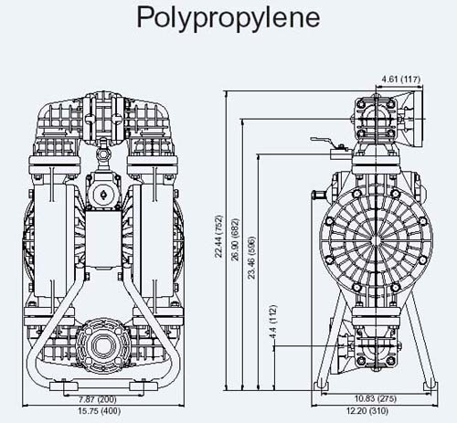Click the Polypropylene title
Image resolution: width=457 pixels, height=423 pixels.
[228, 17]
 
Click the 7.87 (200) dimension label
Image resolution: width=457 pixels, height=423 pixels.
[98, 398]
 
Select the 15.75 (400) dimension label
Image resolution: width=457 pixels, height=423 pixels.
[100, 411]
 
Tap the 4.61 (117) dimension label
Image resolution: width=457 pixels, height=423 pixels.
[401, 79]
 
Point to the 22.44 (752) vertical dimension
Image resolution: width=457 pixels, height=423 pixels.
[219, 237]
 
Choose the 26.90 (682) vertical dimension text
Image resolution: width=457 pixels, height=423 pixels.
[235, 239]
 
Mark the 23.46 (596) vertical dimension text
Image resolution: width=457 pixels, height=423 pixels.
[251, 258]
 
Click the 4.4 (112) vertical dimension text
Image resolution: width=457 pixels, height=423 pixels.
[272, 322]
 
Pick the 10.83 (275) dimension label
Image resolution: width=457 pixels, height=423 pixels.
[376, 398]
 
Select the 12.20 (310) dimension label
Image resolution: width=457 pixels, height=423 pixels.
[367, 411]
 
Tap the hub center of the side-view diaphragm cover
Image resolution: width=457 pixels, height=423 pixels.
[377, 241]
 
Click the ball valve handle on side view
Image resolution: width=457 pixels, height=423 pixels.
[324, 140]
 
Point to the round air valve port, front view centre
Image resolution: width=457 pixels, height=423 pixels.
[102, 193]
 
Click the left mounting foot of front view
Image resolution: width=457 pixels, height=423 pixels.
[64, 386]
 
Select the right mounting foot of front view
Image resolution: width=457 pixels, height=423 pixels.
[143, 386]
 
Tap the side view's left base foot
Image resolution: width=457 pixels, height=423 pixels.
[322, 386]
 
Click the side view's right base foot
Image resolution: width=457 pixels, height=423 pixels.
[430, 386]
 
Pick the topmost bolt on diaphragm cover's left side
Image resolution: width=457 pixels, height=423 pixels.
[356, 194]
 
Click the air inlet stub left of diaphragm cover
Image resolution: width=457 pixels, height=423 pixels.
[319, 194]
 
